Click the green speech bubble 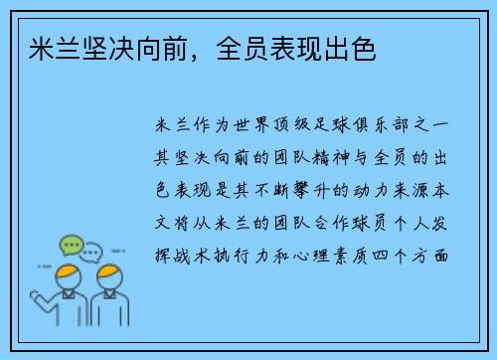pyautogui.click(x=71, y=244)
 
